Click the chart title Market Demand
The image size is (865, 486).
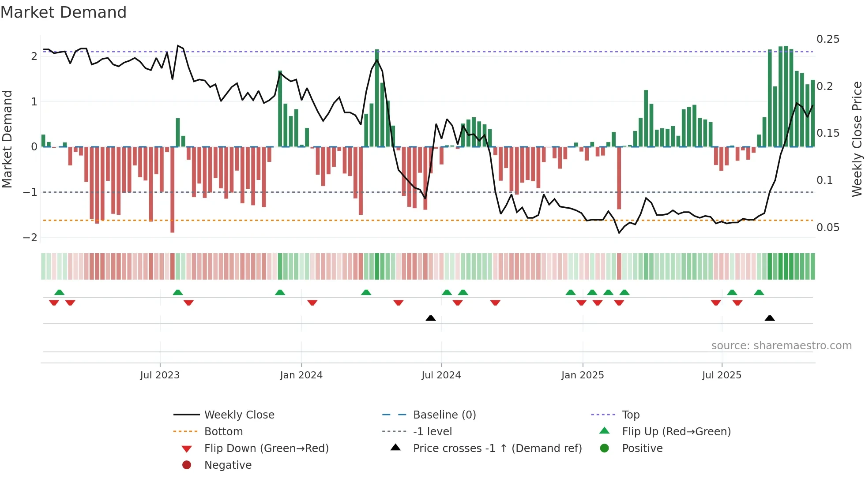64,12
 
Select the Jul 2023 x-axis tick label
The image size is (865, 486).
160,375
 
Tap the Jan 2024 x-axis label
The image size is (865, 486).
301,375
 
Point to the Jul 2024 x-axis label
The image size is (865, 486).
441,375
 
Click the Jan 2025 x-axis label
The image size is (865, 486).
583,375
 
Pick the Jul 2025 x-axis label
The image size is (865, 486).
722,375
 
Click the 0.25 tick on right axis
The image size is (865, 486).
827,39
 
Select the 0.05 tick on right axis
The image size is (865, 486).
827,228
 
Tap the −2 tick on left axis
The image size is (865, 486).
30,238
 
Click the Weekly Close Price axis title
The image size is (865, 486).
857,139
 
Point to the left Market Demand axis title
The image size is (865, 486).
7,139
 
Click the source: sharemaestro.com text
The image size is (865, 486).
781,346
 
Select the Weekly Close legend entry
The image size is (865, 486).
239,415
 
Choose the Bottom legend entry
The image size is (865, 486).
223,432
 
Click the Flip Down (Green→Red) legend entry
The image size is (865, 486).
266,449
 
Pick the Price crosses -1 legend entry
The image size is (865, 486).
497,449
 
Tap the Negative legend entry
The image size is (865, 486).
228,465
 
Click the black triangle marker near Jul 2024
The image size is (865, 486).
431,318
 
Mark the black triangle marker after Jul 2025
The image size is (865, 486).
770,318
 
